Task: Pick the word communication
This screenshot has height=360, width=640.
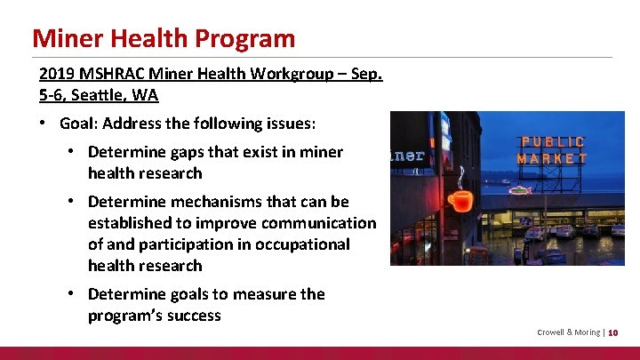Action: point(324,223)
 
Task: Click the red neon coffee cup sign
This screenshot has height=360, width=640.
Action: point(460,200)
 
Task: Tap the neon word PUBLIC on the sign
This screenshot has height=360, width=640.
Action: point(552,142)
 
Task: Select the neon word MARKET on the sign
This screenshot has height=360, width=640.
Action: point(552,158)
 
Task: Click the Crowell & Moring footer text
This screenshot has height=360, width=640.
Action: point(568,332)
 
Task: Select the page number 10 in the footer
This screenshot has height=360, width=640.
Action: point(613,332)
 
